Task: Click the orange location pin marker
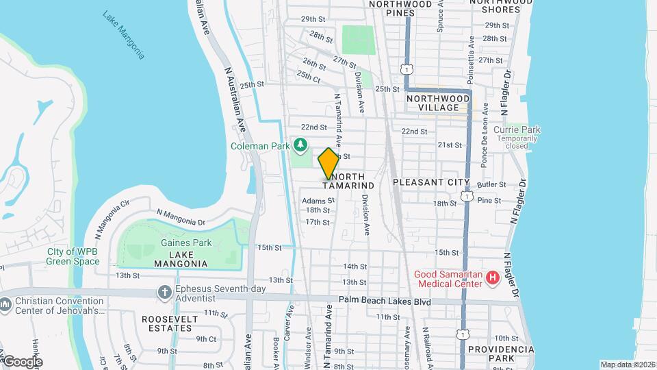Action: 328,163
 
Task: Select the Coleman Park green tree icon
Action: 300,145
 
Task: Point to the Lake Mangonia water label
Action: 124,34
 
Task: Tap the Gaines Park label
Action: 181,243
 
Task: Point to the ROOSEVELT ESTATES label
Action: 170,324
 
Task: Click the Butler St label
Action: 491,185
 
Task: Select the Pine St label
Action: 489,200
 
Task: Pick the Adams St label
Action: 318,201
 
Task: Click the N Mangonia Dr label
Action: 181,217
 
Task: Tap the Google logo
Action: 23,361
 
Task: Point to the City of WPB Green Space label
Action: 73,256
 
